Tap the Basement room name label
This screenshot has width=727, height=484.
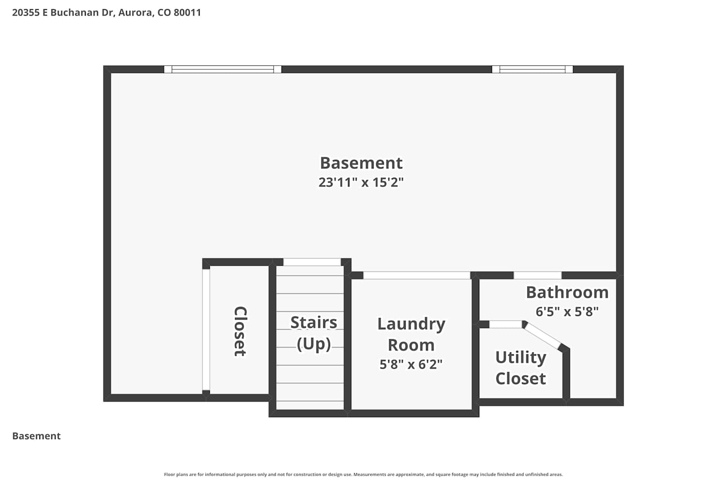(x=361, y=163)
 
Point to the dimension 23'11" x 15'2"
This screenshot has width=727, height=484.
(x=361, y=182)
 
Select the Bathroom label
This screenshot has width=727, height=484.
(x=567, y=292)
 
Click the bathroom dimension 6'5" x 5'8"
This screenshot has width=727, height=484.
(x=567, y=312)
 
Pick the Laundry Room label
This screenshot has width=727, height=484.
(x=411, y=334)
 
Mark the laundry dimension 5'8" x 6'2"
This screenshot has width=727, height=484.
(x=411, y=364)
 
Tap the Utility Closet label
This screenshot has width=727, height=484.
(x=521, y=368)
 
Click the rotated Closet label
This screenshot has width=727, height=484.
(x=240, y=332)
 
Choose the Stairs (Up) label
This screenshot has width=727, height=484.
(x=314, y=333)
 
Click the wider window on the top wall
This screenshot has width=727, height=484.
(x=222, y=69)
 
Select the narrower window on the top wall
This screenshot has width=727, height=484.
(x=532, y=69)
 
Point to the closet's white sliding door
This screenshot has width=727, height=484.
(x=206, y=330)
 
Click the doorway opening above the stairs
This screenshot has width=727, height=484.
(x=312, y=262)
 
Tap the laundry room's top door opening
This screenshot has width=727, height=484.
(x=417, y=275)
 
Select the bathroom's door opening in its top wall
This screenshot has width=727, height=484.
(x=537, y=275)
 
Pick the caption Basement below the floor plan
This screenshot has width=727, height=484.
(x=36, y=436)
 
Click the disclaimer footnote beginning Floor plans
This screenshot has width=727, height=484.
(x=363, y=474)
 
